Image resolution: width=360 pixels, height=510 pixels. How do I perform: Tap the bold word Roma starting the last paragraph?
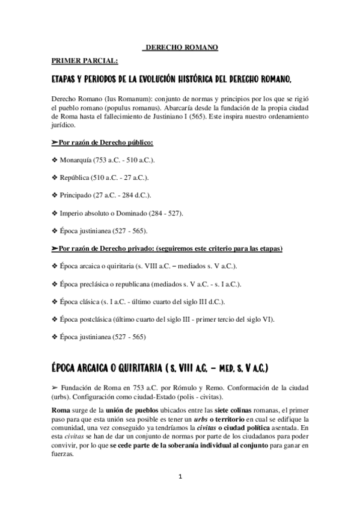pos(61,410)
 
